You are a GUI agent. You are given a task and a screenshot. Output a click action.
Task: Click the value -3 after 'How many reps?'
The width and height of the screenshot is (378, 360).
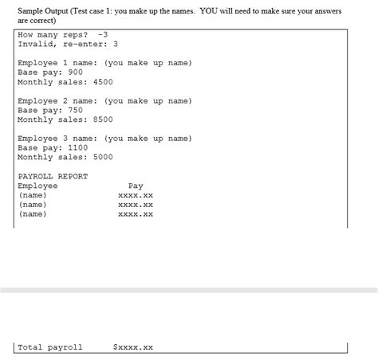(x=102, y=34)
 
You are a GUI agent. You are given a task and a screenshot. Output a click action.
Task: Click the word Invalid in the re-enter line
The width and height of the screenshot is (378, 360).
(x=34, y=44)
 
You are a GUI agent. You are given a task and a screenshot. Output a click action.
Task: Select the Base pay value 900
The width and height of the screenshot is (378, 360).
(x=76, y=72)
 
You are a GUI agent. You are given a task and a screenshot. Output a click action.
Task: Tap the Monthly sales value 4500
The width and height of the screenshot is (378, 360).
(x=103, y=82)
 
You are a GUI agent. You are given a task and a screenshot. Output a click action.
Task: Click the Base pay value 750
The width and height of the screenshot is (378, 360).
(x=76, y=111)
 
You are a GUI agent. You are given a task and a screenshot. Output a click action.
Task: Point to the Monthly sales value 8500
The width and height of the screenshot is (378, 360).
(x=103, y=119)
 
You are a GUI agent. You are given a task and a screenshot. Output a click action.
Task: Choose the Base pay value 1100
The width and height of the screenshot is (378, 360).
(x=78, y=148)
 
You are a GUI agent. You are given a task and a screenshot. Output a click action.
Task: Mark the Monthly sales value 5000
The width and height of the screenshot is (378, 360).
(x=103, y=158)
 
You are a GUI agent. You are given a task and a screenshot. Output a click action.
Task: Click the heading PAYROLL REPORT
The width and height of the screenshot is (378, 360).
(x=53, y=177)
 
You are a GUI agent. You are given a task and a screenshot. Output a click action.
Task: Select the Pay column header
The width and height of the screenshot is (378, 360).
(x=136, y=186)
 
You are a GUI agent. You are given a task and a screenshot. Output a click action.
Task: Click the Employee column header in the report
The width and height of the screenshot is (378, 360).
(x=37, y=186)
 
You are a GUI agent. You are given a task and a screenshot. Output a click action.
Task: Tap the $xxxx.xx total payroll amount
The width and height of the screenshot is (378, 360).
(x=133, y=347)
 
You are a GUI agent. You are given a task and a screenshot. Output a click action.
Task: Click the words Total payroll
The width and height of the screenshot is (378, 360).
(x=50, y=347)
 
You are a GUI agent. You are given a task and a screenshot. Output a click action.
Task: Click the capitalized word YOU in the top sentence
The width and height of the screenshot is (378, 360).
(x=209, y=11)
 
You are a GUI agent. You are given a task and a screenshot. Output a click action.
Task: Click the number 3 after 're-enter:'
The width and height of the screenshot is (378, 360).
(x=116, y=44)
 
